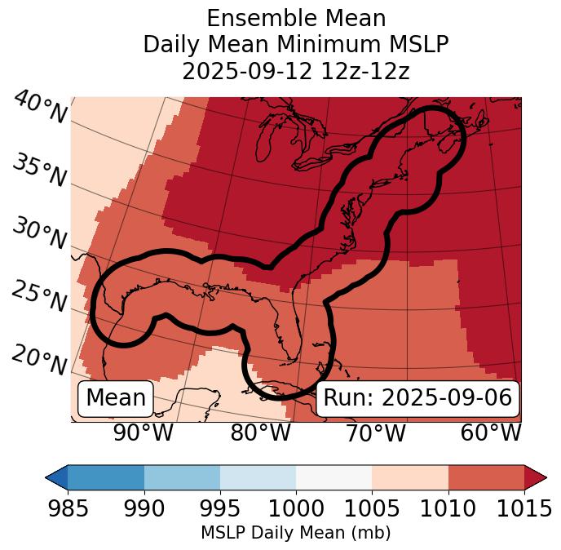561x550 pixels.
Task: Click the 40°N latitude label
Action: tap(40, 108)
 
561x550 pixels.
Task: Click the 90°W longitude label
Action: tap(143, 432)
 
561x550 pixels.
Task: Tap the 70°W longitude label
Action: tap(375, 432)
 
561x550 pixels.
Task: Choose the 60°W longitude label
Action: tap(491, 432)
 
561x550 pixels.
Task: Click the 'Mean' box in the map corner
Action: tap(116, 398)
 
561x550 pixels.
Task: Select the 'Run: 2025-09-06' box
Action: tap(417, 398)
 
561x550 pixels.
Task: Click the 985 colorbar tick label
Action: tap(68, 508)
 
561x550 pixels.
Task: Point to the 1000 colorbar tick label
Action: tap(295, 508)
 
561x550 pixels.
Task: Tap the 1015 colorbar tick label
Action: tap(523, 508)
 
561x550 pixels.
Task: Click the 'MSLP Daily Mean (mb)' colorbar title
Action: tap(295, 533)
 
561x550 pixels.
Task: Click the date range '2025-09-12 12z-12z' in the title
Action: tap(295, 71)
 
